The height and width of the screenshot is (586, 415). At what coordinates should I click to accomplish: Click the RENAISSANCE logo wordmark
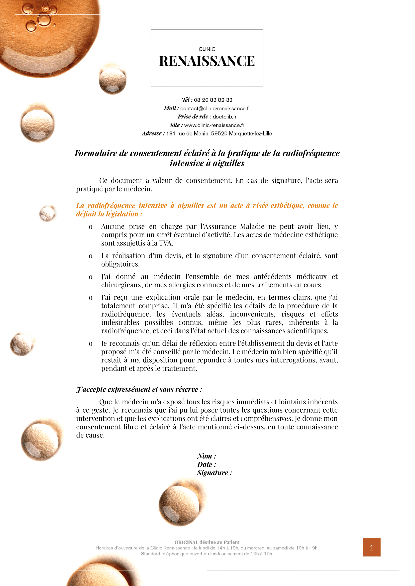tap(207, 61)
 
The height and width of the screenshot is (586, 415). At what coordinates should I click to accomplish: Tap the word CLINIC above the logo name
tap(207, 49)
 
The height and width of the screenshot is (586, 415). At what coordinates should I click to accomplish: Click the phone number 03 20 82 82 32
tap(213, 100)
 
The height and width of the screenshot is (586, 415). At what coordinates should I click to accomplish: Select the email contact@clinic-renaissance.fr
tap(215, 108)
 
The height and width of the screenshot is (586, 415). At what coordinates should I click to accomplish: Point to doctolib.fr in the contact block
tap(224, 117)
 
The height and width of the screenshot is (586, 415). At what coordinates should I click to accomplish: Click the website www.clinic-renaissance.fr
tap(214, 125)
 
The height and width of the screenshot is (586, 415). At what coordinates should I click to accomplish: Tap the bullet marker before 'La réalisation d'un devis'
tap(90, 256)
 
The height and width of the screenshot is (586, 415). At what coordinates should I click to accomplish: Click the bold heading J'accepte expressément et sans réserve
tap(139, 389)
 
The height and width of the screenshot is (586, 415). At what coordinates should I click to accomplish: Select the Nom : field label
tap(206, 456)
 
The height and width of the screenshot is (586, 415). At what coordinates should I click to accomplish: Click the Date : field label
tap(206, 465)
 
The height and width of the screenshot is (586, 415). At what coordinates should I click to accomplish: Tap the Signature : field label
tap(215, 473)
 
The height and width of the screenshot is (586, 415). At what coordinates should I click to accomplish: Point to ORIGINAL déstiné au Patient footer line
tap(207, 542)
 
